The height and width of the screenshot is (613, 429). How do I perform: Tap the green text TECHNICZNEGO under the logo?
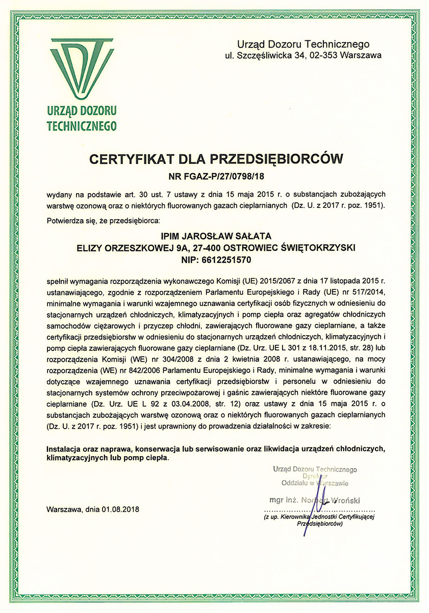(81, 126)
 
